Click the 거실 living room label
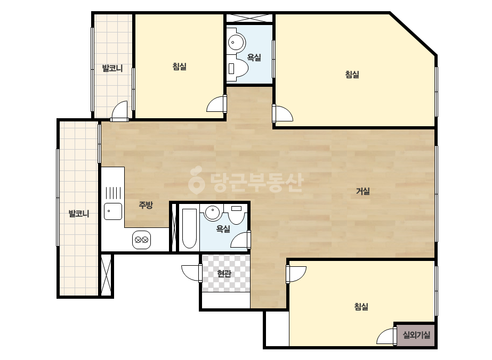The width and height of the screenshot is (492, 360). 362,191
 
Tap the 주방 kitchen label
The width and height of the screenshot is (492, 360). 146,205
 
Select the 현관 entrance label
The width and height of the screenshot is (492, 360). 224,274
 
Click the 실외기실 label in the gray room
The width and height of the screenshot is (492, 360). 416,335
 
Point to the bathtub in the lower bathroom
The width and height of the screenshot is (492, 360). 189,228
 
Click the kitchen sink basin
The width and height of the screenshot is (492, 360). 113,211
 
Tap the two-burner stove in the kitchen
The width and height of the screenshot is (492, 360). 141,240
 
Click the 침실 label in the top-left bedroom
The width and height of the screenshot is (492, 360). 180,67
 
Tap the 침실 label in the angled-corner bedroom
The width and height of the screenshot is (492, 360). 352,75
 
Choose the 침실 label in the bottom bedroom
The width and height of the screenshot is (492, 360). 361,306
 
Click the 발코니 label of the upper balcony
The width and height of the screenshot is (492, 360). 112,68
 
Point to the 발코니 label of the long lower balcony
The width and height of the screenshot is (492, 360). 79,214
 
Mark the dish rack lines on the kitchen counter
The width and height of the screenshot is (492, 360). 113,193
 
